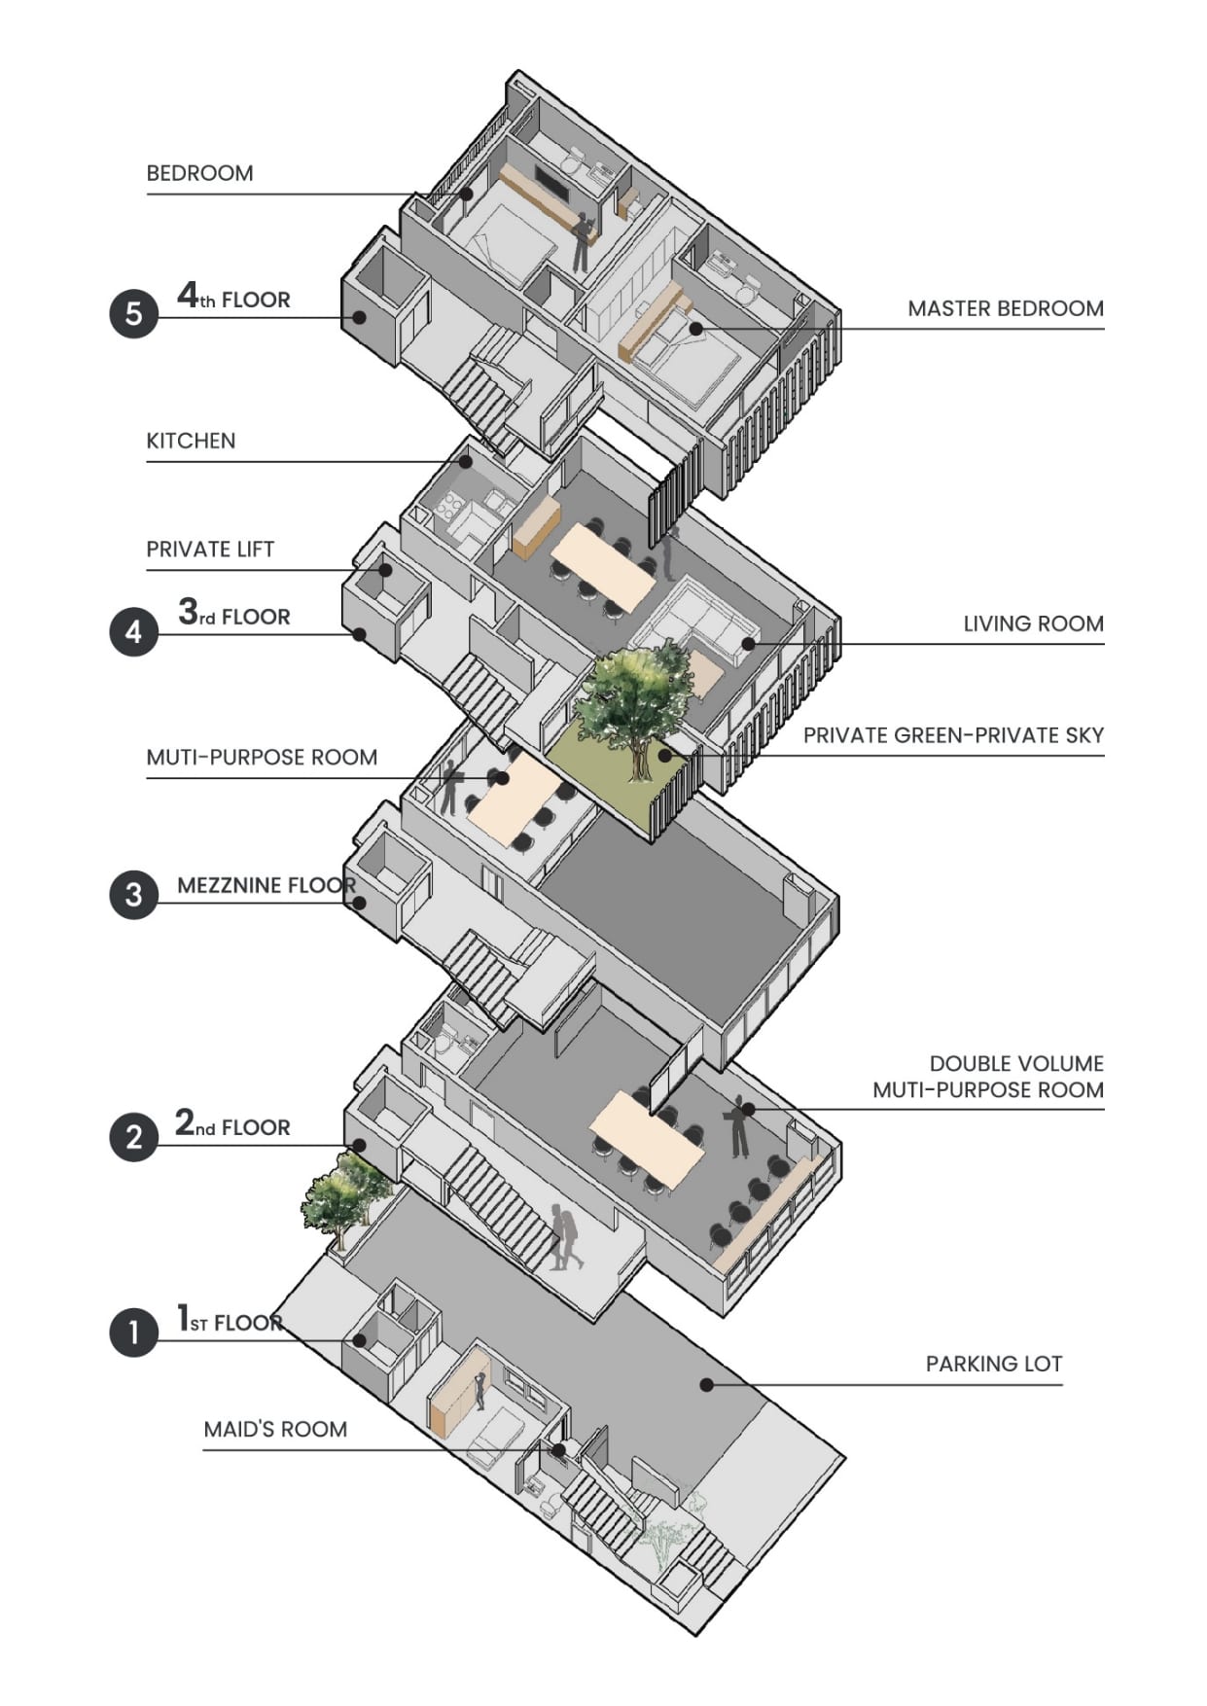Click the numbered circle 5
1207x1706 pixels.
click(x=133, y=313)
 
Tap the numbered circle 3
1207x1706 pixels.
click(x=133, y=894)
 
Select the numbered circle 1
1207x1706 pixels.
click(x=133, y=1332)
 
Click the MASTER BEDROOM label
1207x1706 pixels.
click(x=1006, y=308)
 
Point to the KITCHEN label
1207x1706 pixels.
click(x=191, y=441)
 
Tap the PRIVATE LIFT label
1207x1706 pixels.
click(x=210, y=549)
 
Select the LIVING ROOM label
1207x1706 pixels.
click(x=1033, y=623)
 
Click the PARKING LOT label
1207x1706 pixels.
click(x=993, y=1364)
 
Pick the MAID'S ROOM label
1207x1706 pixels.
click(x=275, y=1429)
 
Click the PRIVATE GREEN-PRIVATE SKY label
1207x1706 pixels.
click(x=953, y=735)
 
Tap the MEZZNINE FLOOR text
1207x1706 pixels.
click(x=266, y=885)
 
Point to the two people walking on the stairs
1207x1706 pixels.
click(x=565, y=1237)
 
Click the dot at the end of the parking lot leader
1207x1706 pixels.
click(x=707, y=1384)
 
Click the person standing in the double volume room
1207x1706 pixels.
click(x=740, y=1125)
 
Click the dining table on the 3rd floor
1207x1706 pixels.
click(x=603, y=564)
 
